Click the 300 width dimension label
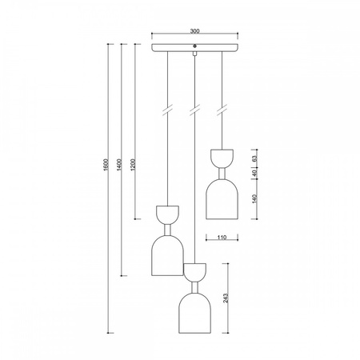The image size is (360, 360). point(195,31)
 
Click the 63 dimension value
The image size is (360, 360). point(253,154)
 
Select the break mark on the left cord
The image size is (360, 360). point(167,109)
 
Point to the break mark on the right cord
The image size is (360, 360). point(221,109)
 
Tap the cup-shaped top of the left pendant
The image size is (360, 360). point(167,214)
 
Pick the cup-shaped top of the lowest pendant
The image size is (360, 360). point(194,271)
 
